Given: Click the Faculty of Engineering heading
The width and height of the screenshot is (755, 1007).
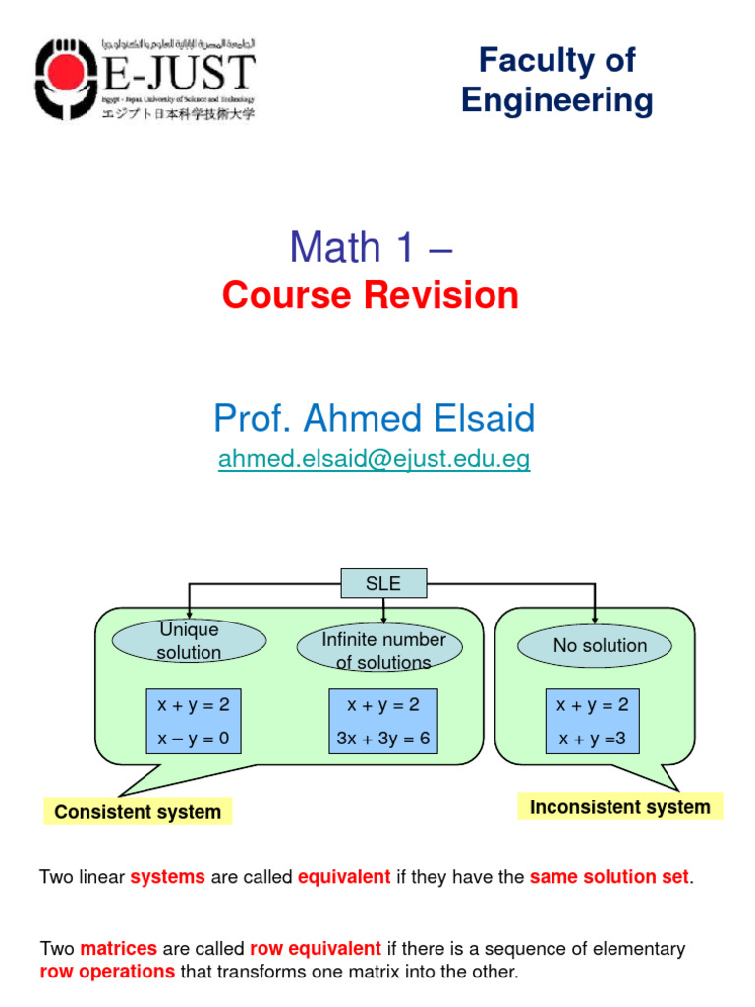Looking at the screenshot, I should (556, 81).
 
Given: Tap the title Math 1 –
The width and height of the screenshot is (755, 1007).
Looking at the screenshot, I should (371, 247).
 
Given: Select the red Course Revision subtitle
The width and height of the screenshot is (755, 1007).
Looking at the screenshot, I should (371, 295).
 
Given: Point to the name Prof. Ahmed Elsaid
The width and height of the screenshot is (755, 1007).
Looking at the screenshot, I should (374, 419).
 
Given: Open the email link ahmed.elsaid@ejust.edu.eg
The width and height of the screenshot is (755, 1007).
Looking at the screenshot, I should (374, 460).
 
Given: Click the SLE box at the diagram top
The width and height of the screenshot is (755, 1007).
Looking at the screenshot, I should (383, 583).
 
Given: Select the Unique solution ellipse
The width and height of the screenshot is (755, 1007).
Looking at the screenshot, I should (189, 640).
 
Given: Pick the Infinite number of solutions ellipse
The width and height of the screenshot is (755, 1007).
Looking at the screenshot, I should (383, 650).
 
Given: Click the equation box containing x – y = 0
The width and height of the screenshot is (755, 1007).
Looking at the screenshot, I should (194, 722).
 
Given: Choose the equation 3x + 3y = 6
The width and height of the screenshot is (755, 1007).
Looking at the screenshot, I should (382, 739).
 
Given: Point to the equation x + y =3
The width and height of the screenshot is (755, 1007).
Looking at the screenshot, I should (592, 739).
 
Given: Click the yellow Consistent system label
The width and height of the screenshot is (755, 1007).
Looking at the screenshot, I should (138, 812).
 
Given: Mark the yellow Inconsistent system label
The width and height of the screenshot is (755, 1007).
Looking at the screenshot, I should (619, 807).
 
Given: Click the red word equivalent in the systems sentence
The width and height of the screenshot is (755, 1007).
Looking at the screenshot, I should (344, 877).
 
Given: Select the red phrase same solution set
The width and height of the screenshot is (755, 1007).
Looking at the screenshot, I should (609, 877).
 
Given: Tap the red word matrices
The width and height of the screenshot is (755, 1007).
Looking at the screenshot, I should (118, 949).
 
